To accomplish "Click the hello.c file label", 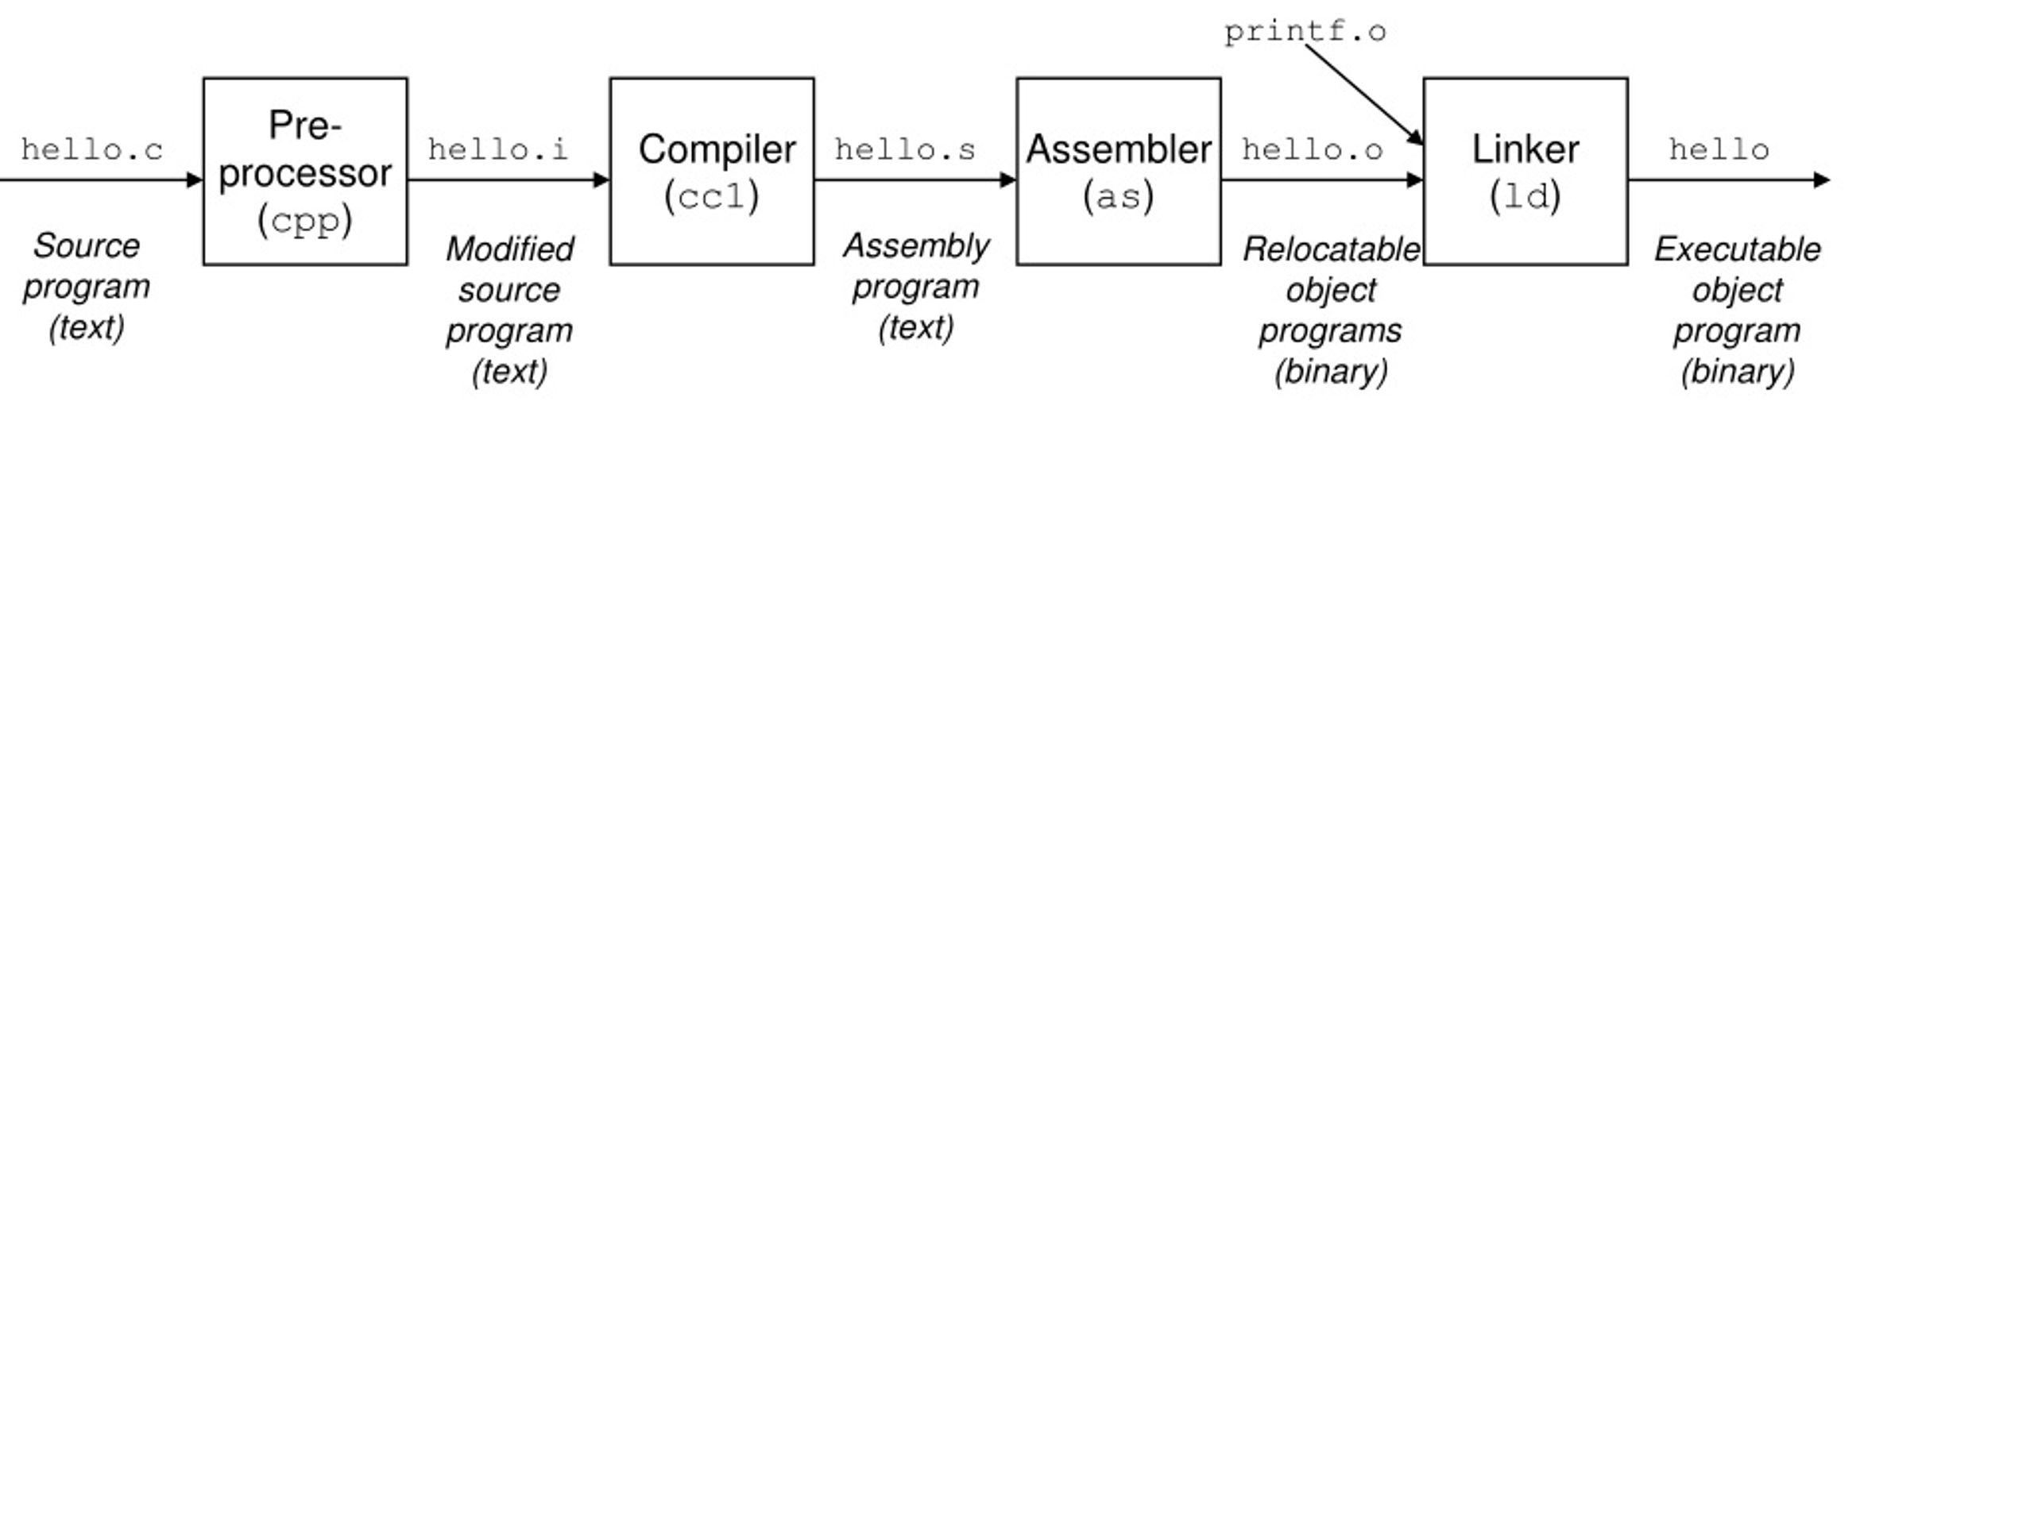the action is (x=92, y=149).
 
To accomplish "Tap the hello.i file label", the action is (x=498, y=149).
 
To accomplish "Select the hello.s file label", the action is (x=905, y=149).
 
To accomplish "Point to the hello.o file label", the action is (x=1313, y=149).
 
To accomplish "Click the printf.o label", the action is (x=1305, y=31).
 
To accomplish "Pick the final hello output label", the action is (x=1719, y=149).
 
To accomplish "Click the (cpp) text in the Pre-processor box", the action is (x=305, y=221).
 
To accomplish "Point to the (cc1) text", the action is (x=712, y=197).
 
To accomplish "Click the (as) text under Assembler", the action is (x=1119, y=197).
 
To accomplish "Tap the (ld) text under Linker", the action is (x=1525, y=197).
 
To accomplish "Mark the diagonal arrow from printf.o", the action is (x=1364, y=95).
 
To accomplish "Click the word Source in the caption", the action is (x=87, y=246).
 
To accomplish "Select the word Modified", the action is (x=509, y=249).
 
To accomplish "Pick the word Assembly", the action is (x=916, y=246).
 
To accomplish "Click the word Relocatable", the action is (x=1332, y=249).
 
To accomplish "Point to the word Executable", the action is (x=1738, y=249).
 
